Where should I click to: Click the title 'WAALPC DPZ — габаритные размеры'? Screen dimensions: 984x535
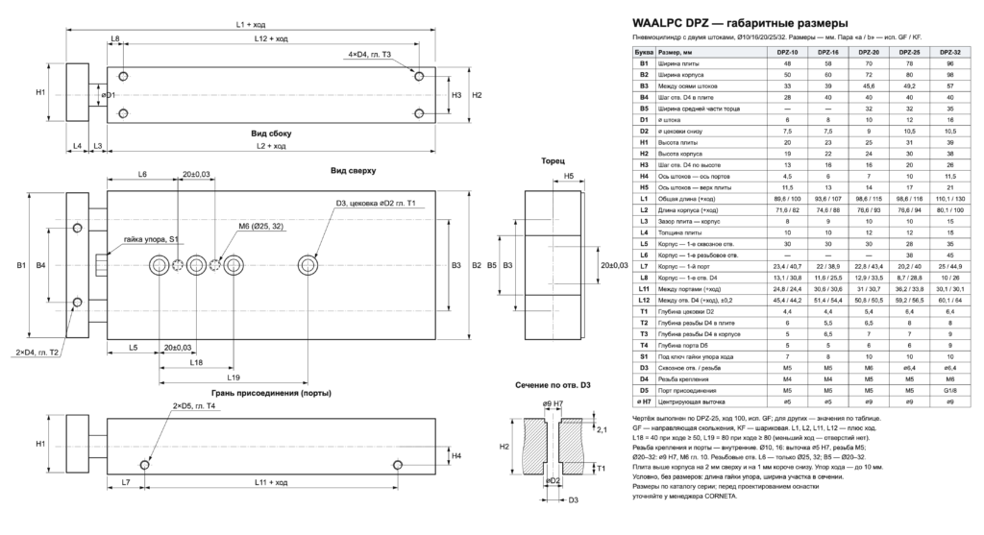(x=740, y=23)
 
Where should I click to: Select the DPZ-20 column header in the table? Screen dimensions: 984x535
(x=869, y=53)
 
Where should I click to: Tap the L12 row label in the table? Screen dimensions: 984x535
(x=644, y=301)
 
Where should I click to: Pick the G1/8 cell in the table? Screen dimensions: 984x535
(x=950, y=390)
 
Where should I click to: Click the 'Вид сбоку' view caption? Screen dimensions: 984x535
(x=271, y=133)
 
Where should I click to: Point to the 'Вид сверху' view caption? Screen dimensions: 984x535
(x=354, y=170)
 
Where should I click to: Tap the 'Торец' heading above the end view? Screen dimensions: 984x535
(x=553, y=161)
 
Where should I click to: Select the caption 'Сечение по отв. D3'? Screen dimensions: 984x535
(x=553, y=385)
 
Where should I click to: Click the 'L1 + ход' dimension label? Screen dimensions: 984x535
(x=251, y=24)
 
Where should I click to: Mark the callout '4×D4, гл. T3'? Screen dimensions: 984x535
(x=370, y=55)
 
